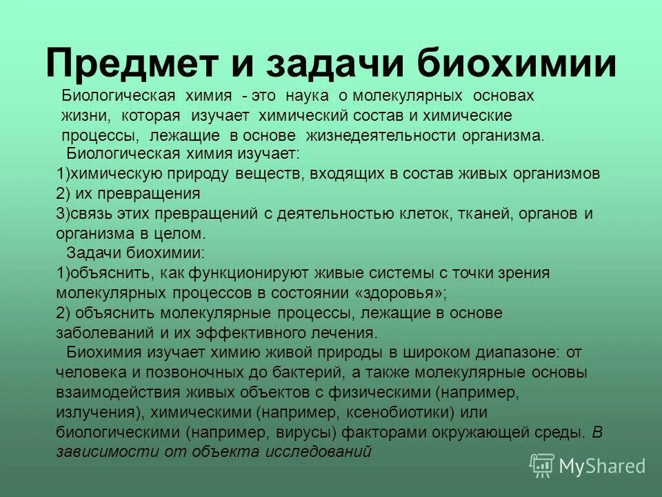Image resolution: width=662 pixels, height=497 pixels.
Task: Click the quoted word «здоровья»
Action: point(401,293)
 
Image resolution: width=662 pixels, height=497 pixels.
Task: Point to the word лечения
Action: point(342,333)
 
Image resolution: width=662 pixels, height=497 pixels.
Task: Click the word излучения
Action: point(93,413)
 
